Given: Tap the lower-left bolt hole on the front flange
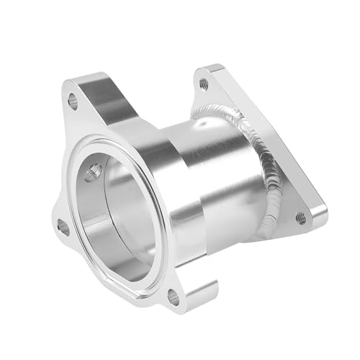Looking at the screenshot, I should (63, 229).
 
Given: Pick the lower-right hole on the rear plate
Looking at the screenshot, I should (301, 216).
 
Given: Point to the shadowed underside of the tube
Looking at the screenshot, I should (238, 230).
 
